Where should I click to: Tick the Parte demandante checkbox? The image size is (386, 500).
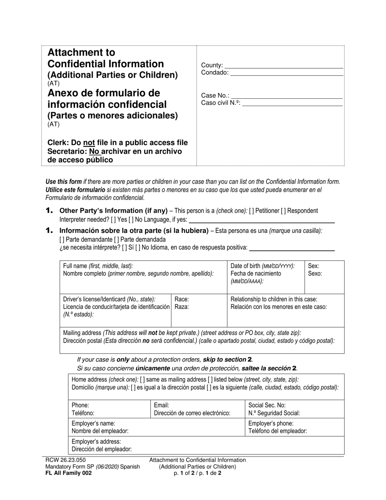click(x=62, y=239)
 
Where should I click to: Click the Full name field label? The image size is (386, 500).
click(x=98, y=266)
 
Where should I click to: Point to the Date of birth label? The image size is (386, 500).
click(x=262, y=266)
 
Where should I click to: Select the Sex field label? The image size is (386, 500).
click(x=314, y=266)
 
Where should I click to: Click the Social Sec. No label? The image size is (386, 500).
click(x=267, y=405)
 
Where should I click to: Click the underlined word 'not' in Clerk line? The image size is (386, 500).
click(x=89, y=143)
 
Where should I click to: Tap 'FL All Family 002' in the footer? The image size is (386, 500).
click(x=69, y=473)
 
